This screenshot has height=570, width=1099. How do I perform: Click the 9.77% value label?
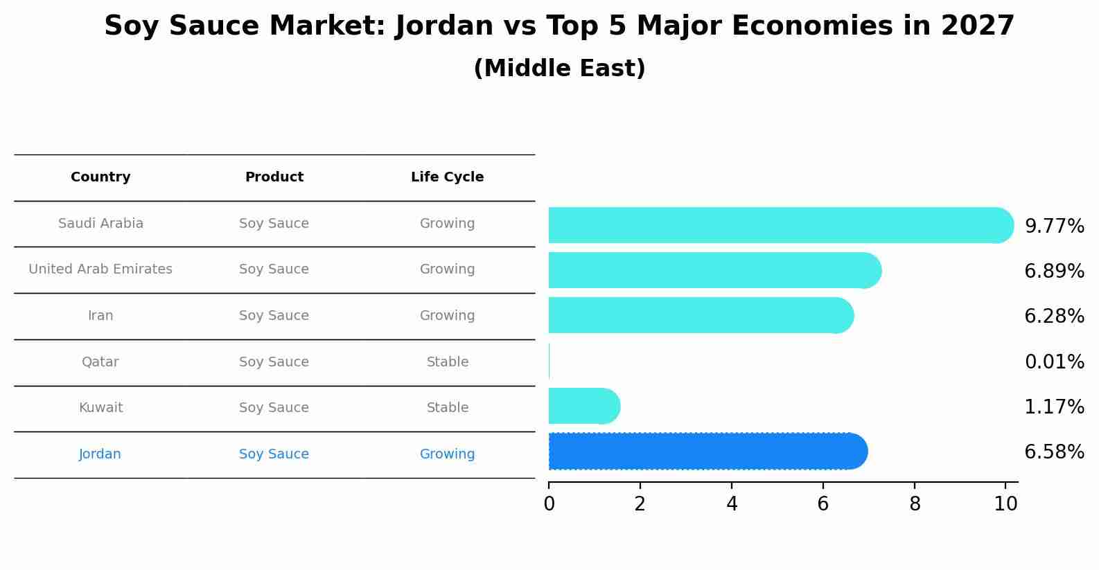point(1054,226)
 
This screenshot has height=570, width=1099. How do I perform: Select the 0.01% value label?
point(1054,362)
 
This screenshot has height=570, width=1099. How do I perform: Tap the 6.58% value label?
point(1054,452)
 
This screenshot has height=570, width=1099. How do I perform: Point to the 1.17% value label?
point(1054,407)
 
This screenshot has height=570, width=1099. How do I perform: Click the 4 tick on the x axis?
point(732,504)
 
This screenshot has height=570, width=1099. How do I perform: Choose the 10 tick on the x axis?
point(1005,504)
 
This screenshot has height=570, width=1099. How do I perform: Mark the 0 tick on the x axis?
point(549,504)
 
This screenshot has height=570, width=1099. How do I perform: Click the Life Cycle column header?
point(447,177)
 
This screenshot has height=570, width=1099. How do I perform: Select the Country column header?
point(100,177)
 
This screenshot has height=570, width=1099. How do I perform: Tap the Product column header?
point(274,177)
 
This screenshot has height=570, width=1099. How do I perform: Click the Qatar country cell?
point(100,362)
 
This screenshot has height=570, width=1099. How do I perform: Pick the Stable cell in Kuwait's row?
point(448,408)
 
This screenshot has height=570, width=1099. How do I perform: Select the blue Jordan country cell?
point(100,454)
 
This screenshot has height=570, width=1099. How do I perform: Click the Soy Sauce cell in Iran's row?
point(274,316)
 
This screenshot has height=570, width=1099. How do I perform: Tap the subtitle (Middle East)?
point(559,69)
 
